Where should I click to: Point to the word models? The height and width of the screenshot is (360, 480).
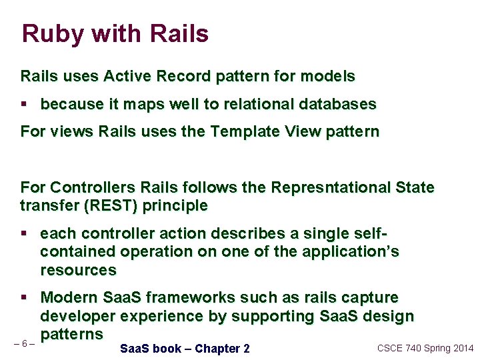point(327,77)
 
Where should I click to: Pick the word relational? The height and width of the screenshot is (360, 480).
point(260,105)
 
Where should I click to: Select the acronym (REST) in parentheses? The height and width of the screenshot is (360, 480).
point(107,206)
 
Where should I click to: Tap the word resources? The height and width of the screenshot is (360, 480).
point(78,270)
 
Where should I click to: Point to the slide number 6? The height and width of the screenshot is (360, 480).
point(25,344)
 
